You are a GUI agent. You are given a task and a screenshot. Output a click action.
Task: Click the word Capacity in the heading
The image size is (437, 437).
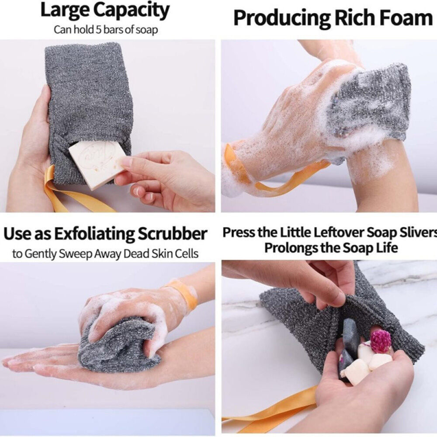[x=131, y=10]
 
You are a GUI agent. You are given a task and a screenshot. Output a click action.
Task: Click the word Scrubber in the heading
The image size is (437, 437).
[x=172, y=233]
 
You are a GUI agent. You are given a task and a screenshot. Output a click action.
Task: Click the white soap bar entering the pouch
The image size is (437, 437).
[x=96, y=164]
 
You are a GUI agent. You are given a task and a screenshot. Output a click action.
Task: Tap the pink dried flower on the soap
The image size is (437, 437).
[x=381, y=340]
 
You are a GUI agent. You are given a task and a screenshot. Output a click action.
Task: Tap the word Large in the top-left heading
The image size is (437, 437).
[x=65, y=10]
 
